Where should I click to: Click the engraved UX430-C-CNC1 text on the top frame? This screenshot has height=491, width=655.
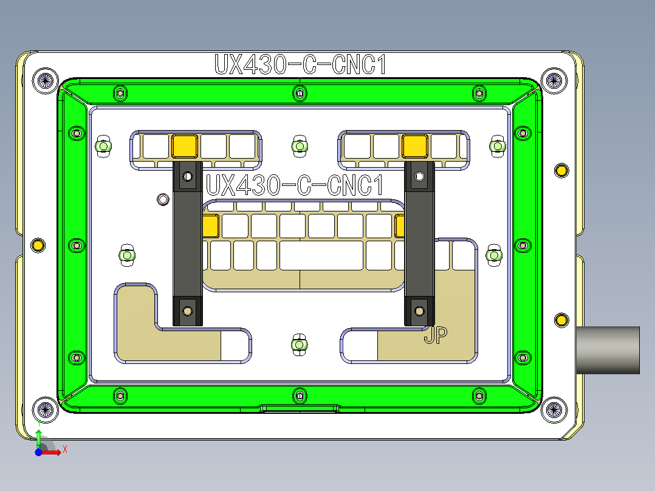pyautogui.click(x=300, y=65)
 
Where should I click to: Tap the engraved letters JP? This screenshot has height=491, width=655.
pyautogui.click(x=436, y=335)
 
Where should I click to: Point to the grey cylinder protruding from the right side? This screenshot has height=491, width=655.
pyautogui.click(x=608, y=350)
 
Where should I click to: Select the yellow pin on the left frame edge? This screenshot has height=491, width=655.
pyautogui.click(x=38, y=245)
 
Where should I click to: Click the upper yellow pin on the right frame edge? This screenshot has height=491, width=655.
pyautogui.click(x=561, y=171)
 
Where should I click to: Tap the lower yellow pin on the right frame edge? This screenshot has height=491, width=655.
pyautogui.click(x=561, y=320)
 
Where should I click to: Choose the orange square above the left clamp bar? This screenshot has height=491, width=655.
pyautogui.click(x=185, y=146)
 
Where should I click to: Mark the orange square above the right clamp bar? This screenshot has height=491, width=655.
pyautogui.click(x=414, y=146)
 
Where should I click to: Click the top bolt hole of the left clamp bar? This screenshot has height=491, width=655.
pyautogui.click(x=188, y=177)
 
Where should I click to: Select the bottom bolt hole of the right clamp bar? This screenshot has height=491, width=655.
pyautogui.click(x=419, y=311)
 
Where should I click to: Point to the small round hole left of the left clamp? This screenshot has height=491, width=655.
pyautogui.click(x=163, y=199)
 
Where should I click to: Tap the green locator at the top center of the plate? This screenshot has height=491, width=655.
pyautogui.click(x=299, y=146)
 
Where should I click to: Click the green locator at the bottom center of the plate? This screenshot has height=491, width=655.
pyautogui.click(x=298, y=345)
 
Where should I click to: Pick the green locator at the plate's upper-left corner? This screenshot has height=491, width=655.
pyautogui.click(x=104, y=146)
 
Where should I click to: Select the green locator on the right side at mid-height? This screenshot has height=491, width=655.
pyautogui.click(x=494, y=256)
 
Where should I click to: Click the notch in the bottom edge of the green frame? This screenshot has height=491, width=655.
pyautogui.click(x=300, y=408)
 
